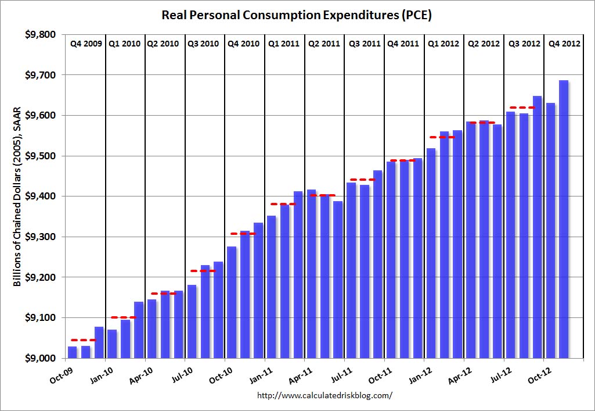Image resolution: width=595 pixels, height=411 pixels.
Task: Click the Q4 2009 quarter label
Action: click(85, 44)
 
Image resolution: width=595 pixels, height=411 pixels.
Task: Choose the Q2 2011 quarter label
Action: click(324, 44)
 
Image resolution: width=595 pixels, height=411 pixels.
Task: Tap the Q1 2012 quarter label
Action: click(443, 44)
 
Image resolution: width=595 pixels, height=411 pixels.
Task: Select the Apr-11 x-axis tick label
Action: click(301, 371)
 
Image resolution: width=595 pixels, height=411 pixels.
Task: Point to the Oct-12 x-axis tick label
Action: click(539, 371)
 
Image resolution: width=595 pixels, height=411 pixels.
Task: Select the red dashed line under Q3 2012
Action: click(522, 108)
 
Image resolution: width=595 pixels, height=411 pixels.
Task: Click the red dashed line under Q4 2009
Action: click(83, 340)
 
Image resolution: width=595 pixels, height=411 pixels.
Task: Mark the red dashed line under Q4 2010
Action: click(243, 234)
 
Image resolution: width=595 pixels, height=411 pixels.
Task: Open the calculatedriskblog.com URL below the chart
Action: click(324, 395)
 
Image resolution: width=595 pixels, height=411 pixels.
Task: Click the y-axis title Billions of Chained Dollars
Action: click(17, 197)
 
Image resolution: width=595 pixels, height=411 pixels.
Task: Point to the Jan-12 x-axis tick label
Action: click(420, 371)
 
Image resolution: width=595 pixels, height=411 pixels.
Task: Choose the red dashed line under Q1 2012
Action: click(442, 137)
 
